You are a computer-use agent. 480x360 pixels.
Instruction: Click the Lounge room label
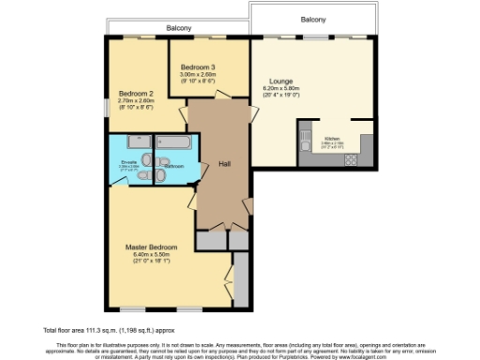pos(281,82)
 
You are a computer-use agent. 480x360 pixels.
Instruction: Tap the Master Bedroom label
pos(150,247)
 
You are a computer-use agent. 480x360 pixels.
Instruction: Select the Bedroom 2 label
pos(136,94)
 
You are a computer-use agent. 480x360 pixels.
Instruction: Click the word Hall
pos(225,163)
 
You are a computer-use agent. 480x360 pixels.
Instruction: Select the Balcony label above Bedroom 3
pos(179,28)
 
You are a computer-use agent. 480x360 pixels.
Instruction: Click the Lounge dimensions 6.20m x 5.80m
pos(281,90)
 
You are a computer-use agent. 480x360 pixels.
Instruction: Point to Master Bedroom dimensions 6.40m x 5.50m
pos(150,255)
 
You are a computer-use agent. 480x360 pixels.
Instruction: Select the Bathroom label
pos(173,167)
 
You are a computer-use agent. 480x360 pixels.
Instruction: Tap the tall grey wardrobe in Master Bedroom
pos(241,282)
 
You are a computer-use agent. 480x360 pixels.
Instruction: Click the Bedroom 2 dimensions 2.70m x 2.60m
pos(136,102)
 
